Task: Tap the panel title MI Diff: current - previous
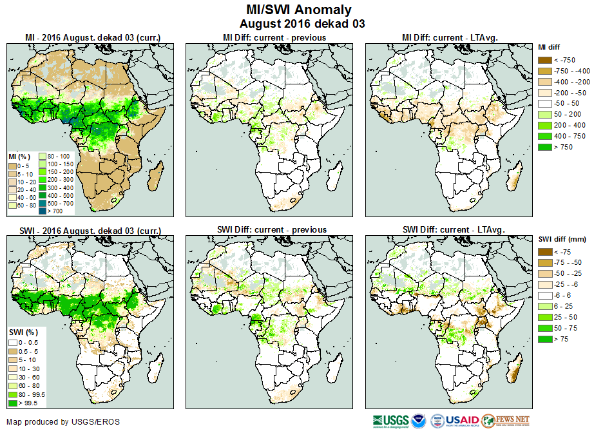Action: coord(274,37)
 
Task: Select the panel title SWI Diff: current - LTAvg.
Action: coord(453,229)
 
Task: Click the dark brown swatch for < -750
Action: coord(544,59)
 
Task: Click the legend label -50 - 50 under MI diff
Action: coord(566,103)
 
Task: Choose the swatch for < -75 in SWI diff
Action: coord(544,252)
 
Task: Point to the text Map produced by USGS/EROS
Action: coord(63,422)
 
